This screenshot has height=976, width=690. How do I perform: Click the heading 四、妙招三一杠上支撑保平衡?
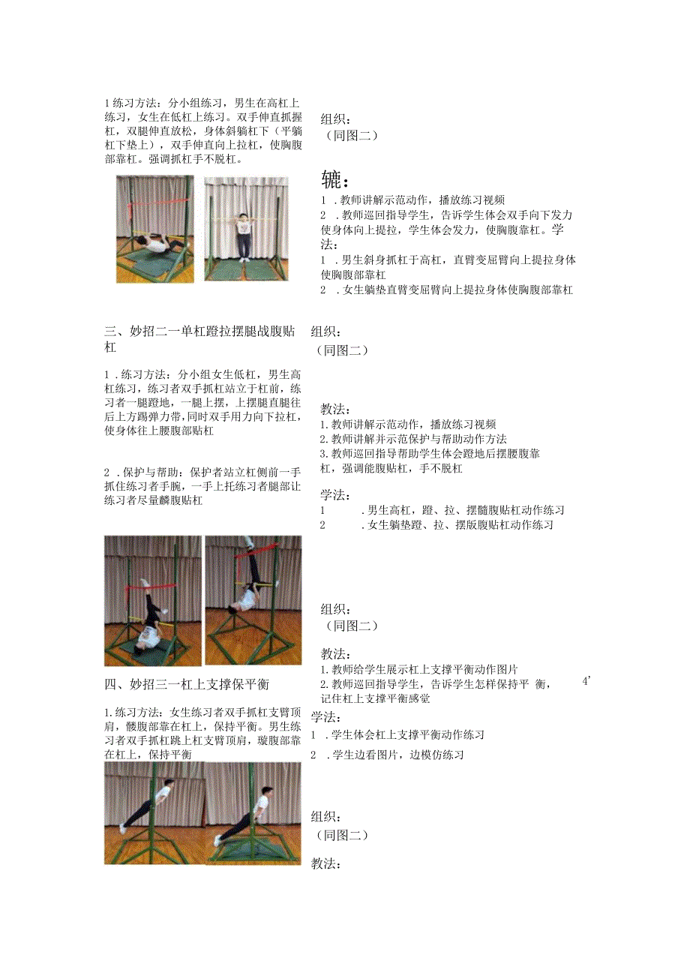tap(187, 684)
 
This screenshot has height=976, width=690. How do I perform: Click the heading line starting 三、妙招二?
tap(206, 331)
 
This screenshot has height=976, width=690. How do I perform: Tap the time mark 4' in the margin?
tap(586, 681)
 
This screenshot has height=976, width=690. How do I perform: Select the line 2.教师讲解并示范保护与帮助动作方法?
tap(412, 439)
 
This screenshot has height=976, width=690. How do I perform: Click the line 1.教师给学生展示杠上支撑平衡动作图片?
tap(419, 669)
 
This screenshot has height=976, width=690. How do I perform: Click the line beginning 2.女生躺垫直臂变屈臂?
tap(446, 290)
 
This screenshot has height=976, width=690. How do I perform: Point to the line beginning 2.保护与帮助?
tap(203, 472)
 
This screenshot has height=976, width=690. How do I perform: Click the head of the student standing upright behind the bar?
tap(244, 218)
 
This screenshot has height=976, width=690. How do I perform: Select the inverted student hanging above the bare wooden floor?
tap(250, 600)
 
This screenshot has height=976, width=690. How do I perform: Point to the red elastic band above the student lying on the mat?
tap(154, 203)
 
